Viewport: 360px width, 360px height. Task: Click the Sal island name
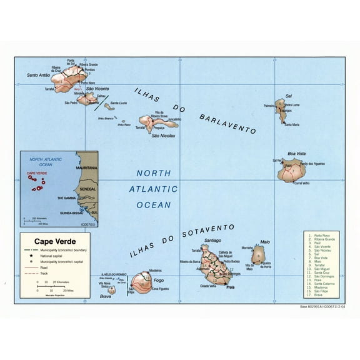288,96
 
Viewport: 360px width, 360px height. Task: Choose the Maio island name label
264,241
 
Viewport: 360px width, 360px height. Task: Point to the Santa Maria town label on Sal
292,125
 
